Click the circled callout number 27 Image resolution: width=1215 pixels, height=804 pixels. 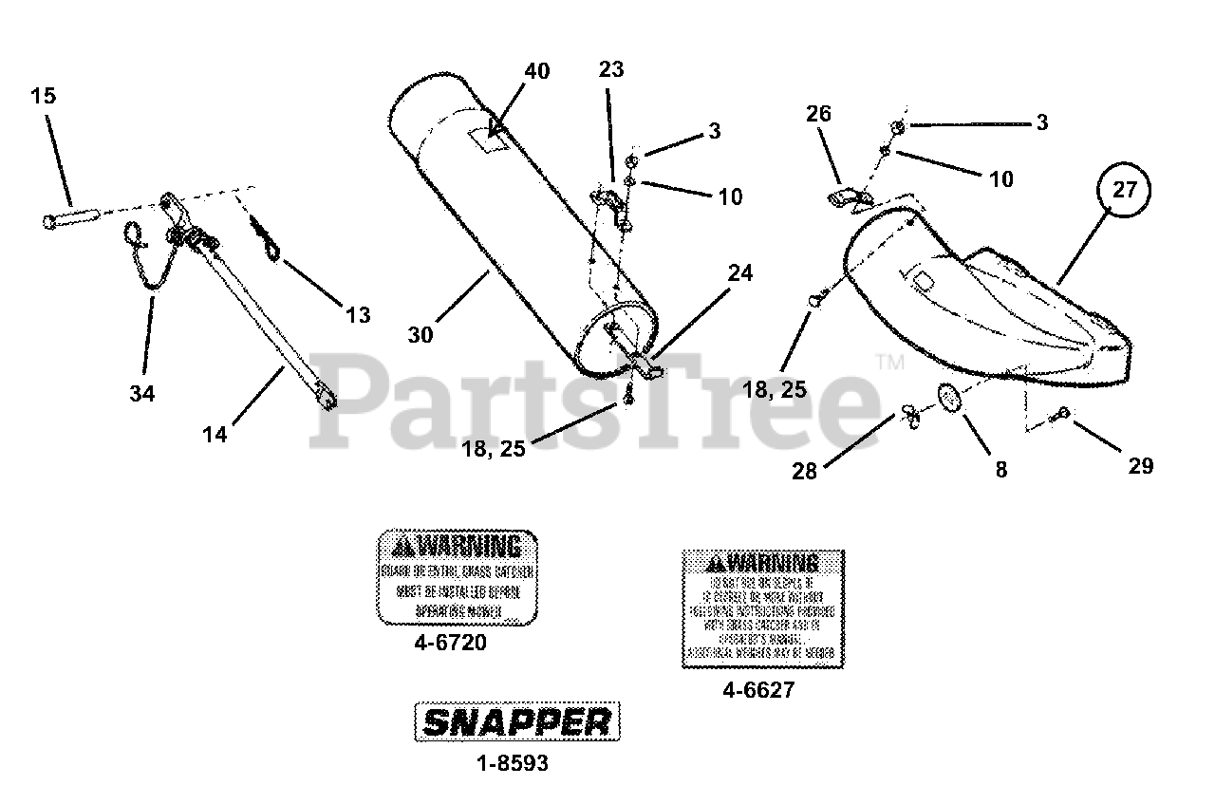(1124, 190)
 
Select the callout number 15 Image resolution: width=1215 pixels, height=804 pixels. (43, 96)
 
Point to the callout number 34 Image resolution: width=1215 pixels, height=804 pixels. (143, 391)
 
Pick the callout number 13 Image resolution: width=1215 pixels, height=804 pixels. (358, 315)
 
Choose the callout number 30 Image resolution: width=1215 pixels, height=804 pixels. (421, 334)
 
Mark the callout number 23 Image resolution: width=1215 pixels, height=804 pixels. (611, 68)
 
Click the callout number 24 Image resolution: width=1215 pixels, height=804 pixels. (739, 273)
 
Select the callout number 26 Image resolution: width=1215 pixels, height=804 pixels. (818, 114)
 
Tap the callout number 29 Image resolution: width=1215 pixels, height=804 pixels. (1140, 465)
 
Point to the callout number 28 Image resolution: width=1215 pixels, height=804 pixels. (804, 472)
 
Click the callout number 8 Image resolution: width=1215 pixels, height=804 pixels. (1000, 468)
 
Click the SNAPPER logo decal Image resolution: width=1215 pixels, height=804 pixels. (516, 723)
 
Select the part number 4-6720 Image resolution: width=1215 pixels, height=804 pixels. (451, 644)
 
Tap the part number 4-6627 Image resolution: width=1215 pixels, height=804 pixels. (757, 691)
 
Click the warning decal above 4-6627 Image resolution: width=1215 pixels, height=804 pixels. (762, 608)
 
